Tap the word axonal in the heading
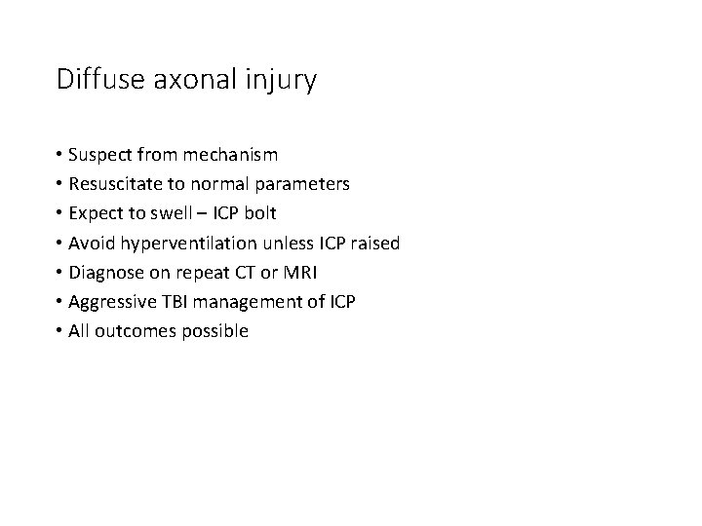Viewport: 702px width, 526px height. pos(182,80)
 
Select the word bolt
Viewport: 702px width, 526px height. pos(258,213)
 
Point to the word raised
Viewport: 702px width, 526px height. pos(375,243)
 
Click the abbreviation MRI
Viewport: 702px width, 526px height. pos(305,272)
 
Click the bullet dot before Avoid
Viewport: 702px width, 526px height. pos(60,244)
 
